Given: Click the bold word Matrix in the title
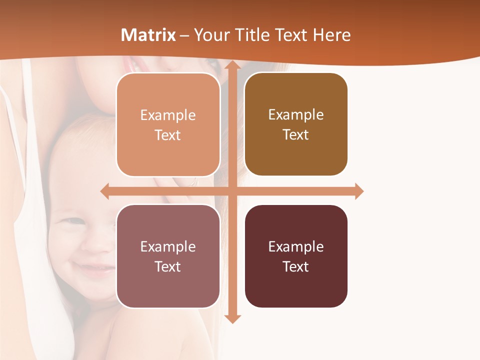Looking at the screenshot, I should pyautogui.click(x=148, y=35).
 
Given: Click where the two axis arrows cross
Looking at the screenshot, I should pyautogui.click(x=232, y=191).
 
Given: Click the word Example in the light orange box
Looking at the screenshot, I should pyautogui.click(x=168, y=115).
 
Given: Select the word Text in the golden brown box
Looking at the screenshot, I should pyautogui.click(x=296, y=134).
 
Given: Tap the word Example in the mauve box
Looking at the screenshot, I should pyautogui.click(x=168, y=246).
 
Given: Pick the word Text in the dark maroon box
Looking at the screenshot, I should pyautogui.click(x=296, y=266).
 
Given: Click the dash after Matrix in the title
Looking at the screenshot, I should pyautogui.click(x=184, y=35).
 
